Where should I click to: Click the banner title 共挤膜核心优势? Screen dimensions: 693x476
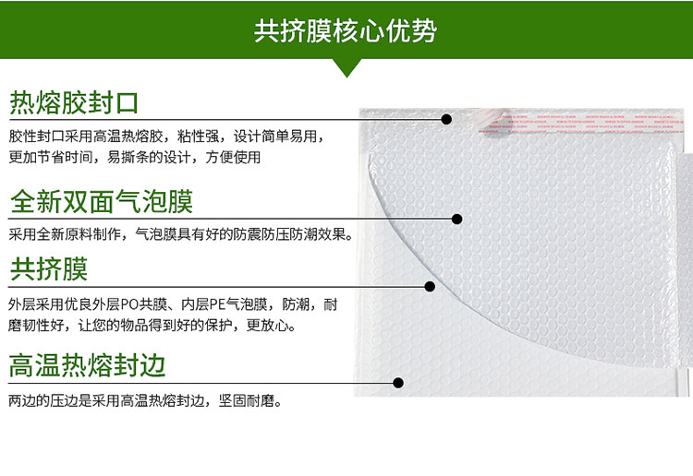click(x=346, y=30)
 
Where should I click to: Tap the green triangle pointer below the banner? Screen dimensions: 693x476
click(x=346, y=67)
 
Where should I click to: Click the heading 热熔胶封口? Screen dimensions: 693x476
click(x=74, y=102)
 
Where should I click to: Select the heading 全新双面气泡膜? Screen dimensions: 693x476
click(x=102, y=202)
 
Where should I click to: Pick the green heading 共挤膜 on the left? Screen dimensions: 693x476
click(x=49, y=268)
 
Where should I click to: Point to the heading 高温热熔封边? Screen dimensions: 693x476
click(x=87, y=365)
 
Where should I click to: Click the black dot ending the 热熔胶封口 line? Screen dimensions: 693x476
click(x=446, y=119)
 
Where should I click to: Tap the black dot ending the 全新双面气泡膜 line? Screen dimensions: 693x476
click(x=457, y=219)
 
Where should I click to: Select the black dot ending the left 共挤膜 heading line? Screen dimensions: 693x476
click(x=430, y=287)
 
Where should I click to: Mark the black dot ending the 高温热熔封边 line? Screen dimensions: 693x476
click(x=398, y=383)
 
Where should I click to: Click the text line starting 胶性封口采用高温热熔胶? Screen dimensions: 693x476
click(x=167, y=137)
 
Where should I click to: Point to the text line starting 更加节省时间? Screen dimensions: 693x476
click(x=135, y=157)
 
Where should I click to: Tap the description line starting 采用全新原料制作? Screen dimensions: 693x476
click(x=181, y=233)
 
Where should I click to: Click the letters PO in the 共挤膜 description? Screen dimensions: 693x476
click(x=129, y=304)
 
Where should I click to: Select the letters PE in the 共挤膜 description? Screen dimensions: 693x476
click(x=217, y=304)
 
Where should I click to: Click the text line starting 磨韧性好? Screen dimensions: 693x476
click(x=152, y=326)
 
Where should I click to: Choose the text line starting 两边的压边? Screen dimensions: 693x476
click(x=145, y=401)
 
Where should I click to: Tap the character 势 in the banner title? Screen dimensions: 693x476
click(x=424, y=30)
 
